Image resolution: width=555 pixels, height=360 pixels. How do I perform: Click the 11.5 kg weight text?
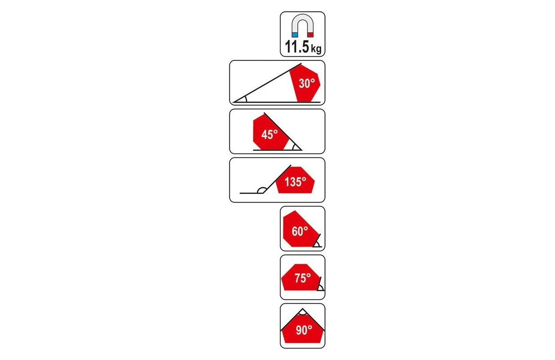(302, 47)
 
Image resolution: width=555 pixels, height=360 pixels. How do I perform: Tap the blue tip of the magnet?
(295, 34)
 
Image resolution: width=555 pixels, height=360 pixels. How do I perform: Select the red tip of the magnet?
(310, 34)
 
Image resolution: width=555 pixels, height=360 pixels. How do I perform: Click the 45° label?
(270, 134)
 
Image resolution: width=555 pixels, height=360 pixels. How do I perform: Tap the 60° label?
(300, 231)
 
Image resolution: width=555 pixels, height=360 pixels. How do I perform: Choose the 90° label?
(304, 330)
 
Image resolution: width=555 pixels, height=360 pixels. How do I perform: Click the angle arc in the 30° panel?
(245, 99)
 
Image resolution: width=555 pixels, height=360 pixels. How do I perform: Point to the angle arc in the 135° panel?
(260, 190)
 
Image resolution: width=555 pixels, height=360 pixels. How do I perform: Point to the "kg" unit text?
(317, 49)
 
